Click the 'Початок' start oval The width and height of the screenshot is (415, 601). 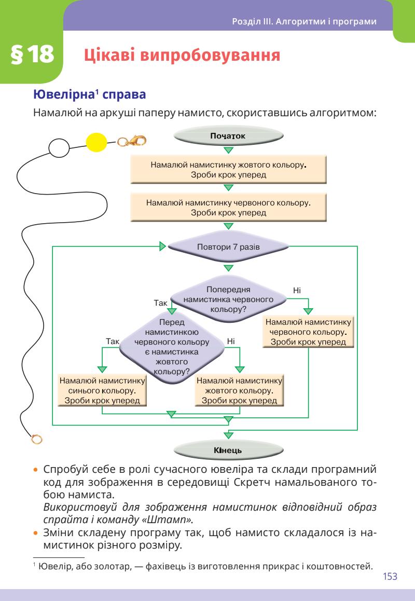(228, 136)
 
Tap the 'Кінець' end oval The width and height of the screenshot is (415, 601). (228, 450)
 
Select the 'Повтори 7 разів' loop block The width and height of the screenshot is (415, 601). (228, 247)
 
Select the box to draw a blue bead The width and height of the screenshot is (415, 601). (102, 390)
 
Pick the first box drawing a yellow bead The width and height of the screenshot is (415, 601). (228, 170)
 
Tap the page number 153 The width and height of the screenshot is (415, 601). (390, 577)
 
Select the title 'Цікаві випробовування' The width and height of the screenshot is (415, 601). (182, 56)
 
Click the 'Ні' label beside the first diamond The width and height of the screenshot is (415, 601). (297, 290)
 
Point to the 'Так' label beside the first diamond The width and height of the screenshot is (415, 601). (161, 302)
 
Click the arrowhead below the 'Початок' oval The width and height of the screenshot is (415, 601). (228, 151)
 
